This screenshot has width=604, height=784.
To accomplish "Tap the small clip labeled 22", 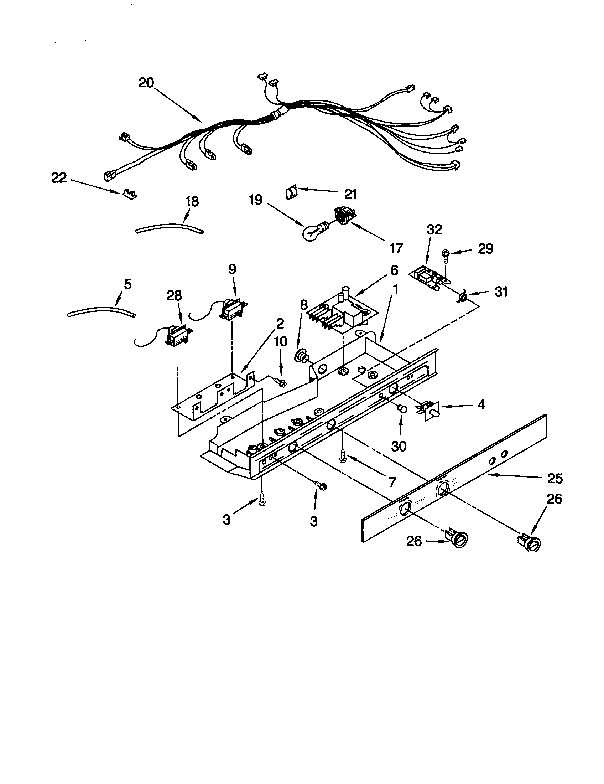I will [x=130, y=194].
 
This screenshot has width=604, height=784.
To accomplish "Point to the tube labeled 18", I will [x=169, y=228].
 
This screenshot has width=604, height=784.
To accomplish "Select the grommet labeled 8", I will [x=300, y=357].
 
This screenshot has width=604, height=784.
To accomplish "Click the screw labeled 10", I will [x=280, y=382].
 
